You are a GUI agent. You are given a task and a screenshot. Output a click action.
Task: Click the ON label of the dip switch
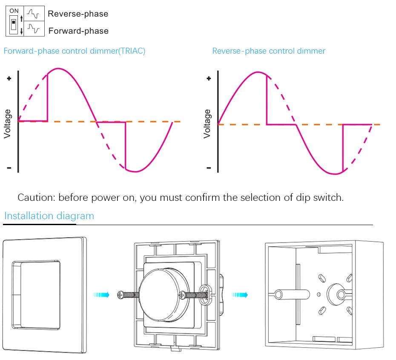pos(14,11)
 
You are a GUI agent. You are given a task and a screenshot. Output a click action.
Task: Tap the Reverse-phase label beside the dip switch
pos(78,14)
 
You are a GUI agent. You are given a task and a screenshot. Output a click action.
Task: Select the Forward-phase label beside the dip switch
pos(78,31)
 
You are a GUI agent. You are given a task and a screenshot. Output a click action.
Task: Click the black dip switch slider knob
pos(14,23)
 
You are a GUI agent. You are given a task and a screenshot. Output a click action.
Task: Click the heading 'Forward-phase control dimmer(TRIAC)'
pos(75,51)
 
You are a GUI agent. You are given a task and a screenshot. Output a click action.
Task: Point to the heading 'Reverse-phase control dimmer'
pos(269,51)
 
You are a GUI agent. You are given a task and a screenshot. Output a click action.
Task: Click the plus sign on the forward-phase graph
pos(9,79)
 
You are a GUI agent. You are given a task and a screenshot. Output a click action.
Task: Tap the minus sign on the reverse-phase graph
pos(209,168)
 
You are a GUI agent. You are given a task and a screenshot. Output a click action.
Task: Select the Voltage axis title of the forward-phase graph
pos(7,124)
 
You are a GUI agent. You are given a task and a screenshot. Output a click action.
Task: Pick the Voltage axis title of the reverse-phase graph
pos(207,124)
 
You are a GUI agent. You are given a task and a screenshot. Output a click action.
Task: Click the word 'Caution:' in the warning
pos(36,197)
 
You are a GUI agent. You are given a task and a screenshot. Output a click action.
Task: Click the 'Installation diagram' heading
pos(49,216)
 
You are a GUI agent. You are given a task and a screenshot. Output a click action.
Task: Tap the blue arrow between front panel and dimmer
pos(101,294)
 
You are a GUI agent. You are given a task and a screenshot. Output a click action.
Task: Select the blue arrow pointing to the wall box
pos(239,294)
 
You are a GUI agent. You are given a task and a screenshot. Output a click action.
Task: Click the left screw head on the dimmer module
pos(121,295)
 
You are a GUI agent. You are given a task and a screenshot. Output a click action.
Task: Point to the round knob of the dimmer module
pos(164,295)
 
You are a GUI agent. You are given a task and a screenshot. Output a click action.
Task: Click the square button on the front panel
pos(40,295)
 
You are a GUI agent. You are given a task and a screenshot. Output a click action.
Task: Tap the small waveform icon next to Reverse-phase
pos(33,14)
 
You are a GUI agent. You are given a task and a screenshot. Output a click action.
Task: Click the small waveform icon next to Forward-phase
pos(34,28)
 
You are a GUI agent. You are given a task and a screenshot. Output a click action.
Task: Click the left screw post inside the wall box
pos(278,294)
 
